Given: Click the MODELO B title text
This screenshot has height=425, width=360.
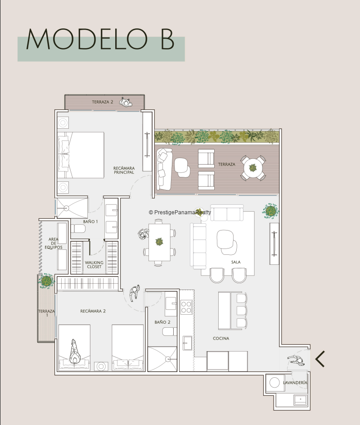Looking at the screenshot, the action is (100, 39).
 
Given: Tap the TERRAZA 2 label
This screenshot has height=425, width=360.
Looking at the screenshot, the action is (103, 102).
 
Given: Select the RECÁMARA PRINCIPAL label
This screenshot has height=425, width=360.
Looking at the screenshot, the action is (124, 170).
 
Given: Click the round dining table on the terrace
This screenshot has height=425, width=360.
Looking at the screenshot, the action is (253, 168).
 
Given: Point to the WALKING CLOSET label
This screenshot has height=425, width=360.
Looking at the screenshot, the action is (94, 265).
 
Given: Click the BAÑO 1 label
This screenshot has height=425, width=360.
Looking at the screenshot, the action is (90, 222).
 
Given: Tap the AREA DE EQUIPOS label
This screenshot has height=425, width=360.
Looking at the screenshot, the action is (54, 243).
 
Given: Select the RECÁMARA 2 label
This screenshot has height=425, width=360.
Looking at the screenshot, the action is (93, 311).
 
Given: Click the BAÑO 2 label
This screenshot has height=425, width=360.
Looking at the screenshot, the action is (162, 322).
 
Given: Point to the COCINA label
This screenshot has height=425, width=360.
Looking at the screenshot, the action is (221, 338).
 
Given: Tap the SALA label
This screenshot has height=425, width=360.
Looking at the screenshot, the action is (236, 262).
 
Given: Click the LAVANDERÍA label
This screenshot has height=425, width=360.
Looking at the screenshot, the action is (295, 382).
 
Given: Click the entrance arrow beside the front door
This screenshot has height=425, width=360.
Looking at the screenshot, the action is (320, 359).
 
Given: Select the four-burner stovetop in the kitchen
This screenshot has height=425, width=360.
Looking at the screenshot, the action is (186, 307).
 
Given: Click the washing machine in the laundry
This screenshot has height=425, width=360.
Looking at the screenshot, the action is (274, 383).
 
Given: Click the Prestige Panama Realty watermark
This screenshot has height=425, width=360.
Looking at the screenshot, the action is (180, 212).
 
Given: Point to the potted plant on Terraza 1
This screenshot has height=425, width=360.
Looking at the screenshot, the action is (46, 281).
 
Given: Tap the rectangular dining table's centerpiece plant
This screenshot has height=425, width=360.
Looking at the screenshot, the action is (159, 241).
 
